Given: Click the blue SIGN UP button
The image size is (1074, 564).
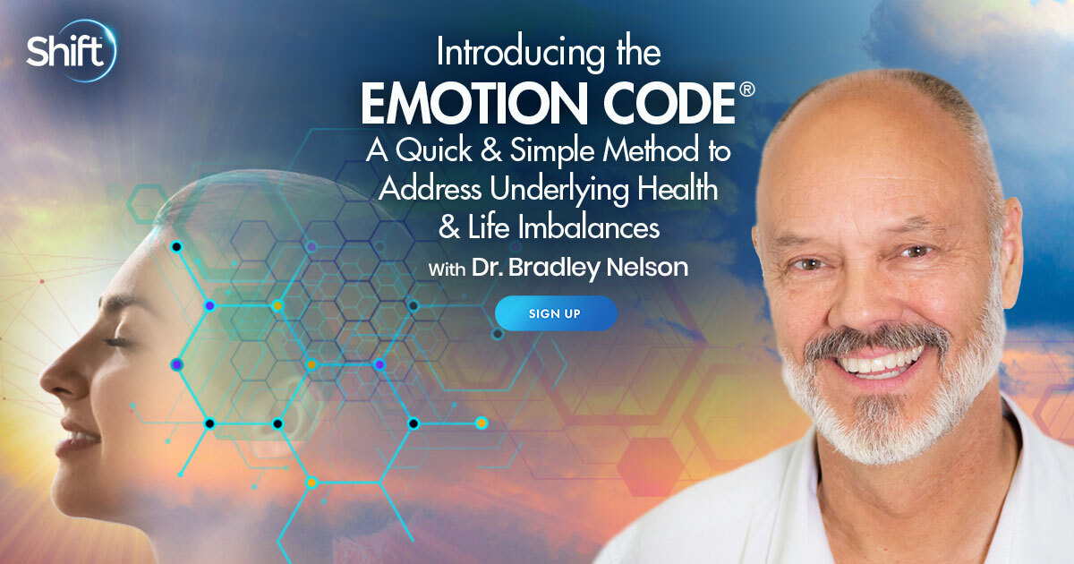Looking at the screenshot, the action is pyautogui.click(x=556, y=313).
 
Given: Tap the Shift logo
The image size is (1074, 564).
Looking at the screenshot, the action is pyautogui.click(x=71, y=51).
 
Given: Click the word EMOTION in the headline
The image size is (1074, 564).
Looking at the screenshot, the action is pyautogui.click(x=474, y=103).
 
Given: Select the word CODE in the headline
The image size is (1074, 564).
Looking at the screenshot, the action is pyautogui.click(x=669, y=103).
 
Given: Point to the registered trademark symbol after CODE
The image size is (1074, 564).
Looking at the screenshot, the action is pyautogui.click(x=747, y=90).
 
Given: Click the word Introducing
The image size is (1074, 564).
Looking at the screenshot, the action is pyautogui.click(x=521, y=53).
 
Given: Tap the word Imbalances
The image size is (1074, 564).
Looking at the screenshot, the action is pyautogui.click(x=589, y=227).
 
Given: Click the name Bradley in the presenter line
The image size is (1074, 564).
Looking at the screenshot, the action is pyautogui.click(x=553, y=268).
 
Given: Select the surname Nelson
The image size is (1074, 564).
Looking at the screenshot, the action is pyautogui.click(x=647, y=267).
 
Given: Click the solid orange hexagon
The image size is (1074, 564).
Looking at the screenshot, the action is pyautogui.click(x=650, y=466).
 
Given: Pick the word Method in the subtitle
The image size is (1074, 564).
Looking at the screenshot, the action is pyautogui.click(x=651, y=150).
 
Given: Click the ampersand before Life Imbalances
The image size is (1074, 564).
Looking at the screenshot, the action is pyautogui.click(x=449, y=228).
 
